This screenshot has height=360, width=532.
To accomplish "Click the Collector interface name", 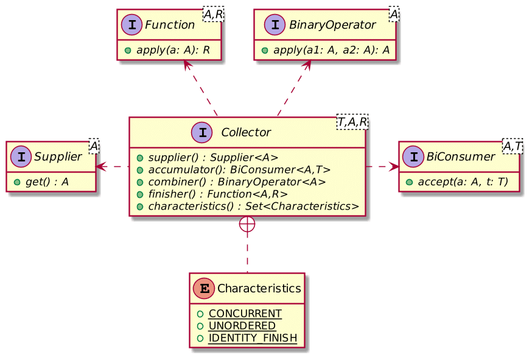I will (x=246, y=132).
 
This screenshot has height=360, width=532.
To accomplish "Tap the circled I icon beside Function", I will (x=133, y=25).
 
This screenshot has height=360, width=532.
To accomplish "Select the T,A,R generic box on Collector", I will (x=352, y=124).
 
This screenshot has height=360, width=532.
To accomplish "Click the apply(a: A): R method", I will (x=169, y=49).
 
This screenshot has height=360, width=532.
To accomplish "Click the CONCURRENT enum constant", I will (x=245, y=314).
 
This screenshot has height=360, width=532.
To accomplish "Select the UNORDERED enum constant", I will (x=242, y=326).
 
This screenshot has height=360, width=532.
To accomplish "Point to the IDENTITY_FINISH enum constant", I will (x=252, y=338).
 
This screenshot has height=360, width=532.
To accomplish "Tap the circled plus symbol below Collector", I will (x=247, y=224).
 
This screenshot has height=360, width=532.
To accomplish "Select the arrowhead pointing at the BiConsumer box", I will (x=394, y=165).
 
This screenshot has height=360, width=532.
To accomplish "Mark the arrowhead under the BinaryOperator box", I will (x=308, y=65).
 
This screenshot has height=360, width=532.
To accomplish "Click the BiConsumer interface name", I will (x=461, y=157).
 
